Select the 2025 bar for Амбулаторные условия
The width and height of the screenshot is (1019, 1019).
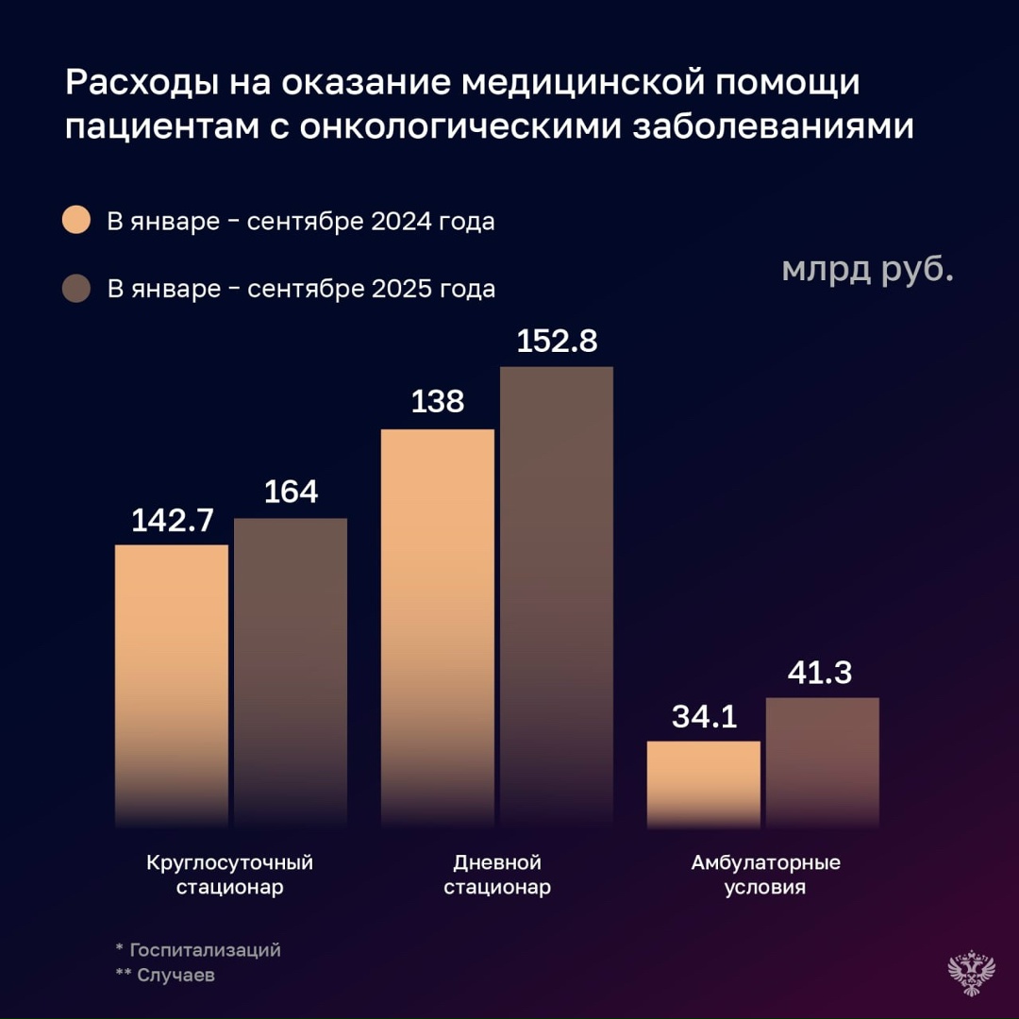click(x=823, y=763)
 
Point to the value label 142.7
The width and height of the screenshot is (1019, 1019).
click(x=172, y=520)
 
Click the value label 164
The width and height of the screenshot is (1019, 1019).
click(x=291, y=493)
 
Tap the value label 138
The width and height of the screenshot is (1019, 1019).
click(x=437, y=403)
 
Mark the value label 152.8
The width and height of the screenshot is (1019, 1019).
click(x=557, y=341)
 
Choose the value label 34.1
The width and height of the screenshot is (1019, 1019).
click(x=704, y=716)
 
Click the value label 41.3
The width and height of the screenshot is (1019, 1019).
click(x=823, y=673)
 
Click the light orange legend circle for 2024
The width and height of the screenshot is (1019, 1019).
click(x=75, y=221)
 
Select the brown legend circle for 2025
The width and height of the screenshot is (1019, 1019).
click(x=75, y=288)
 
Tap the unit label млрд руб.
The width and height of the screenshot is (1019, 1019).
click(x=867, y=270)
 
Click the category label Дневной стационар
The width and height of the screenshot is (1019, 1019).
click(x=497, y=875)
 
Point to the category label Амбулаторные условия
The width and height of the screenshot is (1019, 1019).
click(x=765, y=875)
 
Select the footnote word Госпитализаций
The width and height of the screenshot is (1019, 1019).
click(x=205, y=949)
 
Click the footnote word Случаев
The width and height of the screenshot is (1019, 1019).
click(x=175, y=975)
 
